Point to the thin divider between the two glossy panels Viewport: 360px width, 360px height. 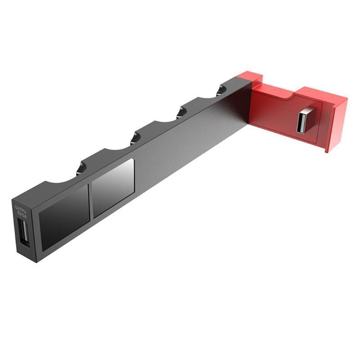[x=90, y=198]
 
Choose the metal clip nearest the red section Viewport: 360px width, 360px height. [x=224, y=88]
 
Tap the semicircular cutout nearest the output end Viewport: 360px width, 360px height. [x=58, y=180]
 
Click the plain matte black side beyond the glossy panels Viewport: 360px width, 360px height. [x=189, y=144]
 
